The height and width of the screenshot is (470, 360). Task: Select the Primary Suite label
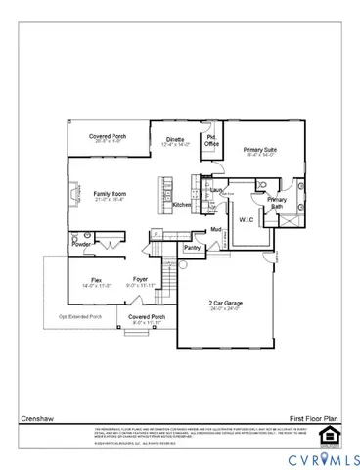point(259,150)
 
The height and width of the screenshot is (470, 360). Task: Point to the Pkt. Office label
point(211,141)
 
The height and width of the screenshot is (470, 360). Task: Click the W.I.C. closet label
point(246,219)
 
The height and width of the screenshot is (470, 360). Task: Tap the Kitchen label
point(182,205)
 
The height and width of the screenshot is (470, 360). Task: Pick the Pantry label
point(192,248)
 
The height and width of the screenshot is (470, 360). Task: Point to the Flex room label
point(96,280)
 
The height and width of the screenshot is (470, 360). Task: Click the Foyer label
point(140,280)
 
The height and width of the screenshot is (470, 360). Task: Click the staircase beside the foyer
point(166,284)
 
